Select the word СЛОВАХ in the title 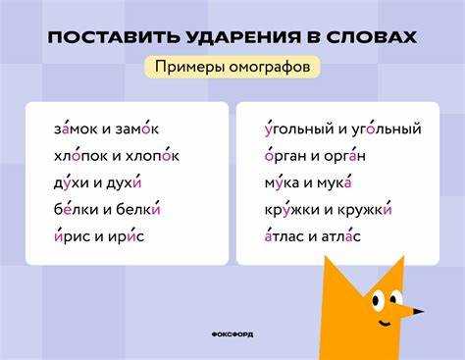tap(372, 37)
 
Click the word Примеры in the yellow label tap(189, 67)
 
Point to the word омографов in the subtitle tap(270, 67)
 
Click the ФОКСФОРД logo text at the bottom tap(232, 334)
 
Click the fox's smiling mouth tap(385, 324)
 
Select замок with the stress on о tap(137, 129)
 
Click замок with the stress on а tap(76, 129)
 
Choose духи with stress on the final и tap(125, 182)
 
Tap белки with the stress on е tap(76, 209)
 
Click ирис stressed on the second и tap(127, 236)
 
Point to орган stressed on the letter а tap(344, 156)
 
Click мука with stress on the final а tap(335, 182)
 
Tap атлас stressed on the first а tap(284, 236)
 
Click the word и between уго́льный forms tap(342, 129)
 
